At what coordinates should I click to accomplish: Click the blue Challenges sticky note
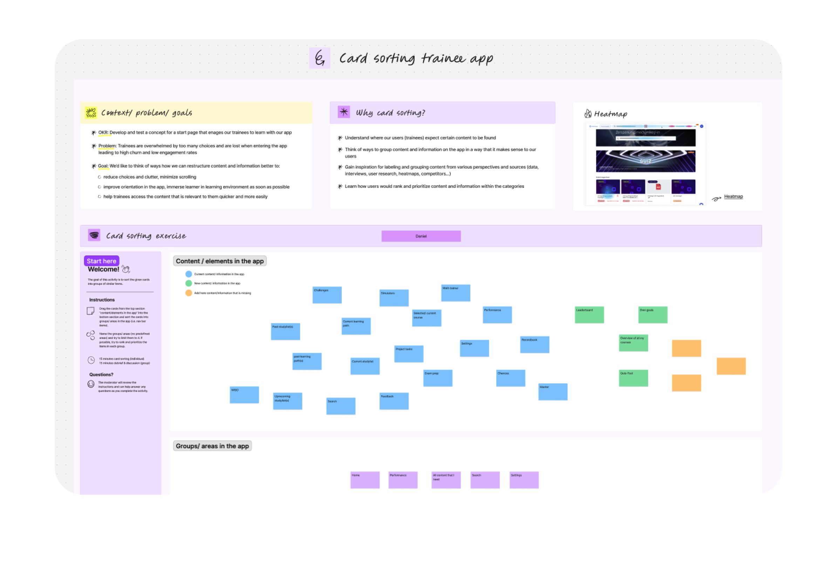[x=327, y=295]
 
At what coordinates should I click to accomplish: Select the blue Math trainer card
[x=455, y=293]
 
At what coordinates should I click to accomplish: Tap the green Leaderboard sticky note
[x=589, y=314]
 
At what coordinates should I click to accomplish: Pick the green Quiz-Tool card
[x=633, y=378]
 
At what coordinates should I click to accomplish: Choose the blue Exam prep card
[x=437, y=378]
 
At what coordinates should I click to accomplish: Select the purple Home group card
[x=365, y=479]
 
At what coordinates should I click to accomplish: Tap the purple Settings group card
[x=524, y=479]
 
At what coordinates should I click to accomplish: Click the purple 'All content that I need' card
[x=445, y=479]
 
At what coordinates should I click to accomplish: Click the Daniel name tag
[x=421, y=236]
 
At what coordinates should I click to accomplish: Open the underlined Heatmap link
[x=733, y=196]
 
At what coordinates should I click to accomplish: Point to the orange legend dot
[x=188, y=293]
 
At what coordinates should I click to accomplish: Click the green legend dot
[x=188, y=283]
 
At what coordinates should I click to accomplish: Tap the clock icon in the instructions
[x=91, y=360]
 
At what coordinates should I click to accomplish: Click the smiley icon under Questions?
[x=91, y=384]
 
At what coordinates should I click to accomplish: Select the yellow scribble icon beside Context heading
[x=91, y=113]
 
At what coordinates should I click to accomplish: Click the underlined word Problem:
[x=107, y=146]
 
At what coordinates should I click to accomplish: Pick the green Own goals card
[x=652, y=314]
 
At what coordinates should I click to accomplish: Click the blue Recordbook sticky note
[x=534, y=344]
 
